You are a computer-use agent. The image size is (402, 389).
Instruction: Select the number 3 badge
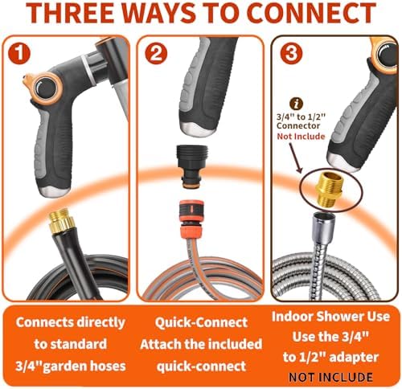tap(291, 53)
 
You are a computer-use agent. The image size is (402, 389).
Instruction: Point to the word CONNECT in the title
tap(311, 14)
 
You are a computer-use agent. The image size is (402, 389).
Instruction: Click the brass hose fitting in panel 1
tap(62, 222)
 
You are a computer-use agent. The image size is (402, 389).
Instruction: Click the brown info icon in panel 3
tap(296, 104)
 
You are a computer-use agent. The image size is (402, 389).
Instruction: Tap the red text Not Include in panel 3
tap(301, 137)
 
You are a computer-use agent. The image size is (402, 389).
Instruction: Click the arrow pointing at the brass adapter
tap(296, 158)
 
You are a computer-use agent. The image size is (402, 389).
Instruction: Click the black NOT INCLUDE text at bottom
tap(330, 377)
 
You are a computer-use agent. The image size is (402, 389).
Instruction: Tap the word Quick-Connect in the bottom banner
tap(201, 322)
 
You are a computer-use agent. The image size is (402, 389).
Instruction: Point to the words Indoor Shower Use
tap(330, 317)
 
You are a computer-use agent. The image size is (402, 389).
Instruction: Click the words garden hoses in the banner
tap(84, 366)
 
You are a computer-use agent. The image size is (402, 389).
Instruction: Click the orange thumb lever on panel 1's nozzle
tap(26, 79)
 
